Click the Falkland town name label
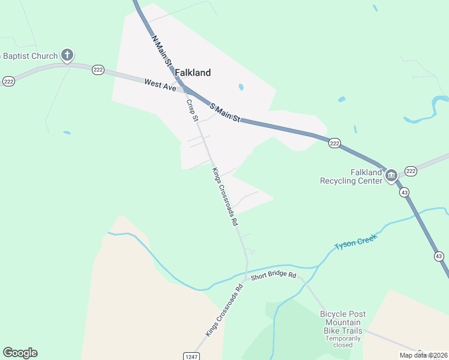193,73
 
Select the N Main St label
162,50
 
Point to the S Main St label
224,113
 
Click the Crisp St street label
192,110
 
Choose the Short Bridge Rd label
274,275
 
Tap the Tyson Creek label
355,242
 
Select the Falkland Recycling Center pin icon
391,175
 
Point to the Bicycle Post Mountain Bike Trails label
351,322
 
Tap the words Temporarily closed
343,341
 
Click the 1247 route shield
191,356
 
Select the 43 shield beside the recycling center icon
405,193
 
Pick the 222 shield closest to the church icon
98,70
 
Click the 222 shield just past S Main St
335,143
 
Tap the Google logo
20,353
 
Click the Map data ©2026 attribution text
423,355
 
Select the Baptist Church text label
30,56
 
